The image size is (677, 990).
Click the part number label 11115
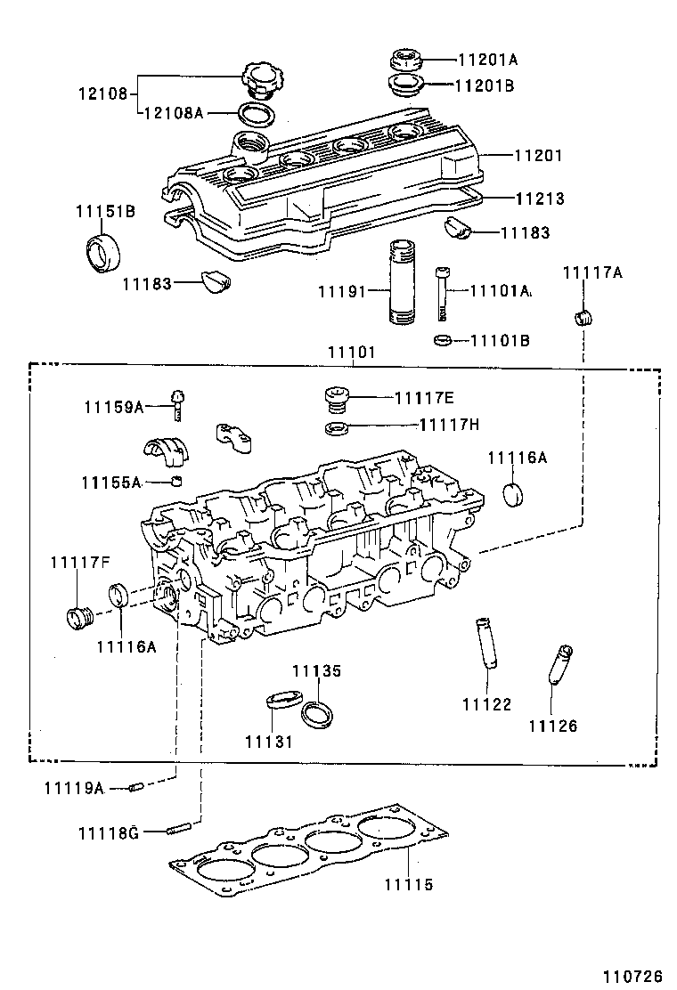[408, 885]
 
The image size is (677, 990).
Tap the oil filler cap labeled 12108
[260, 79]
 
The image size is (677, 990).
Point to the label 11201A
[487, 61]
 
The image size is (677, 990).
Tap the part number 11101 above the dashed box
[352, 353]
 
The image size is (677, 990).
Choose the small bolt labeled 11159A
[177, 404]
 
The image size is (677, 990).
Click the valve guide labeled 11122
[487, 640]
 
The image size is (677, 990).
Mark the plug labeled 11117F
[81, 615]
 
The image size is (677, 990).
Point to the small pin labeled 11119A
[136, 786]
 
